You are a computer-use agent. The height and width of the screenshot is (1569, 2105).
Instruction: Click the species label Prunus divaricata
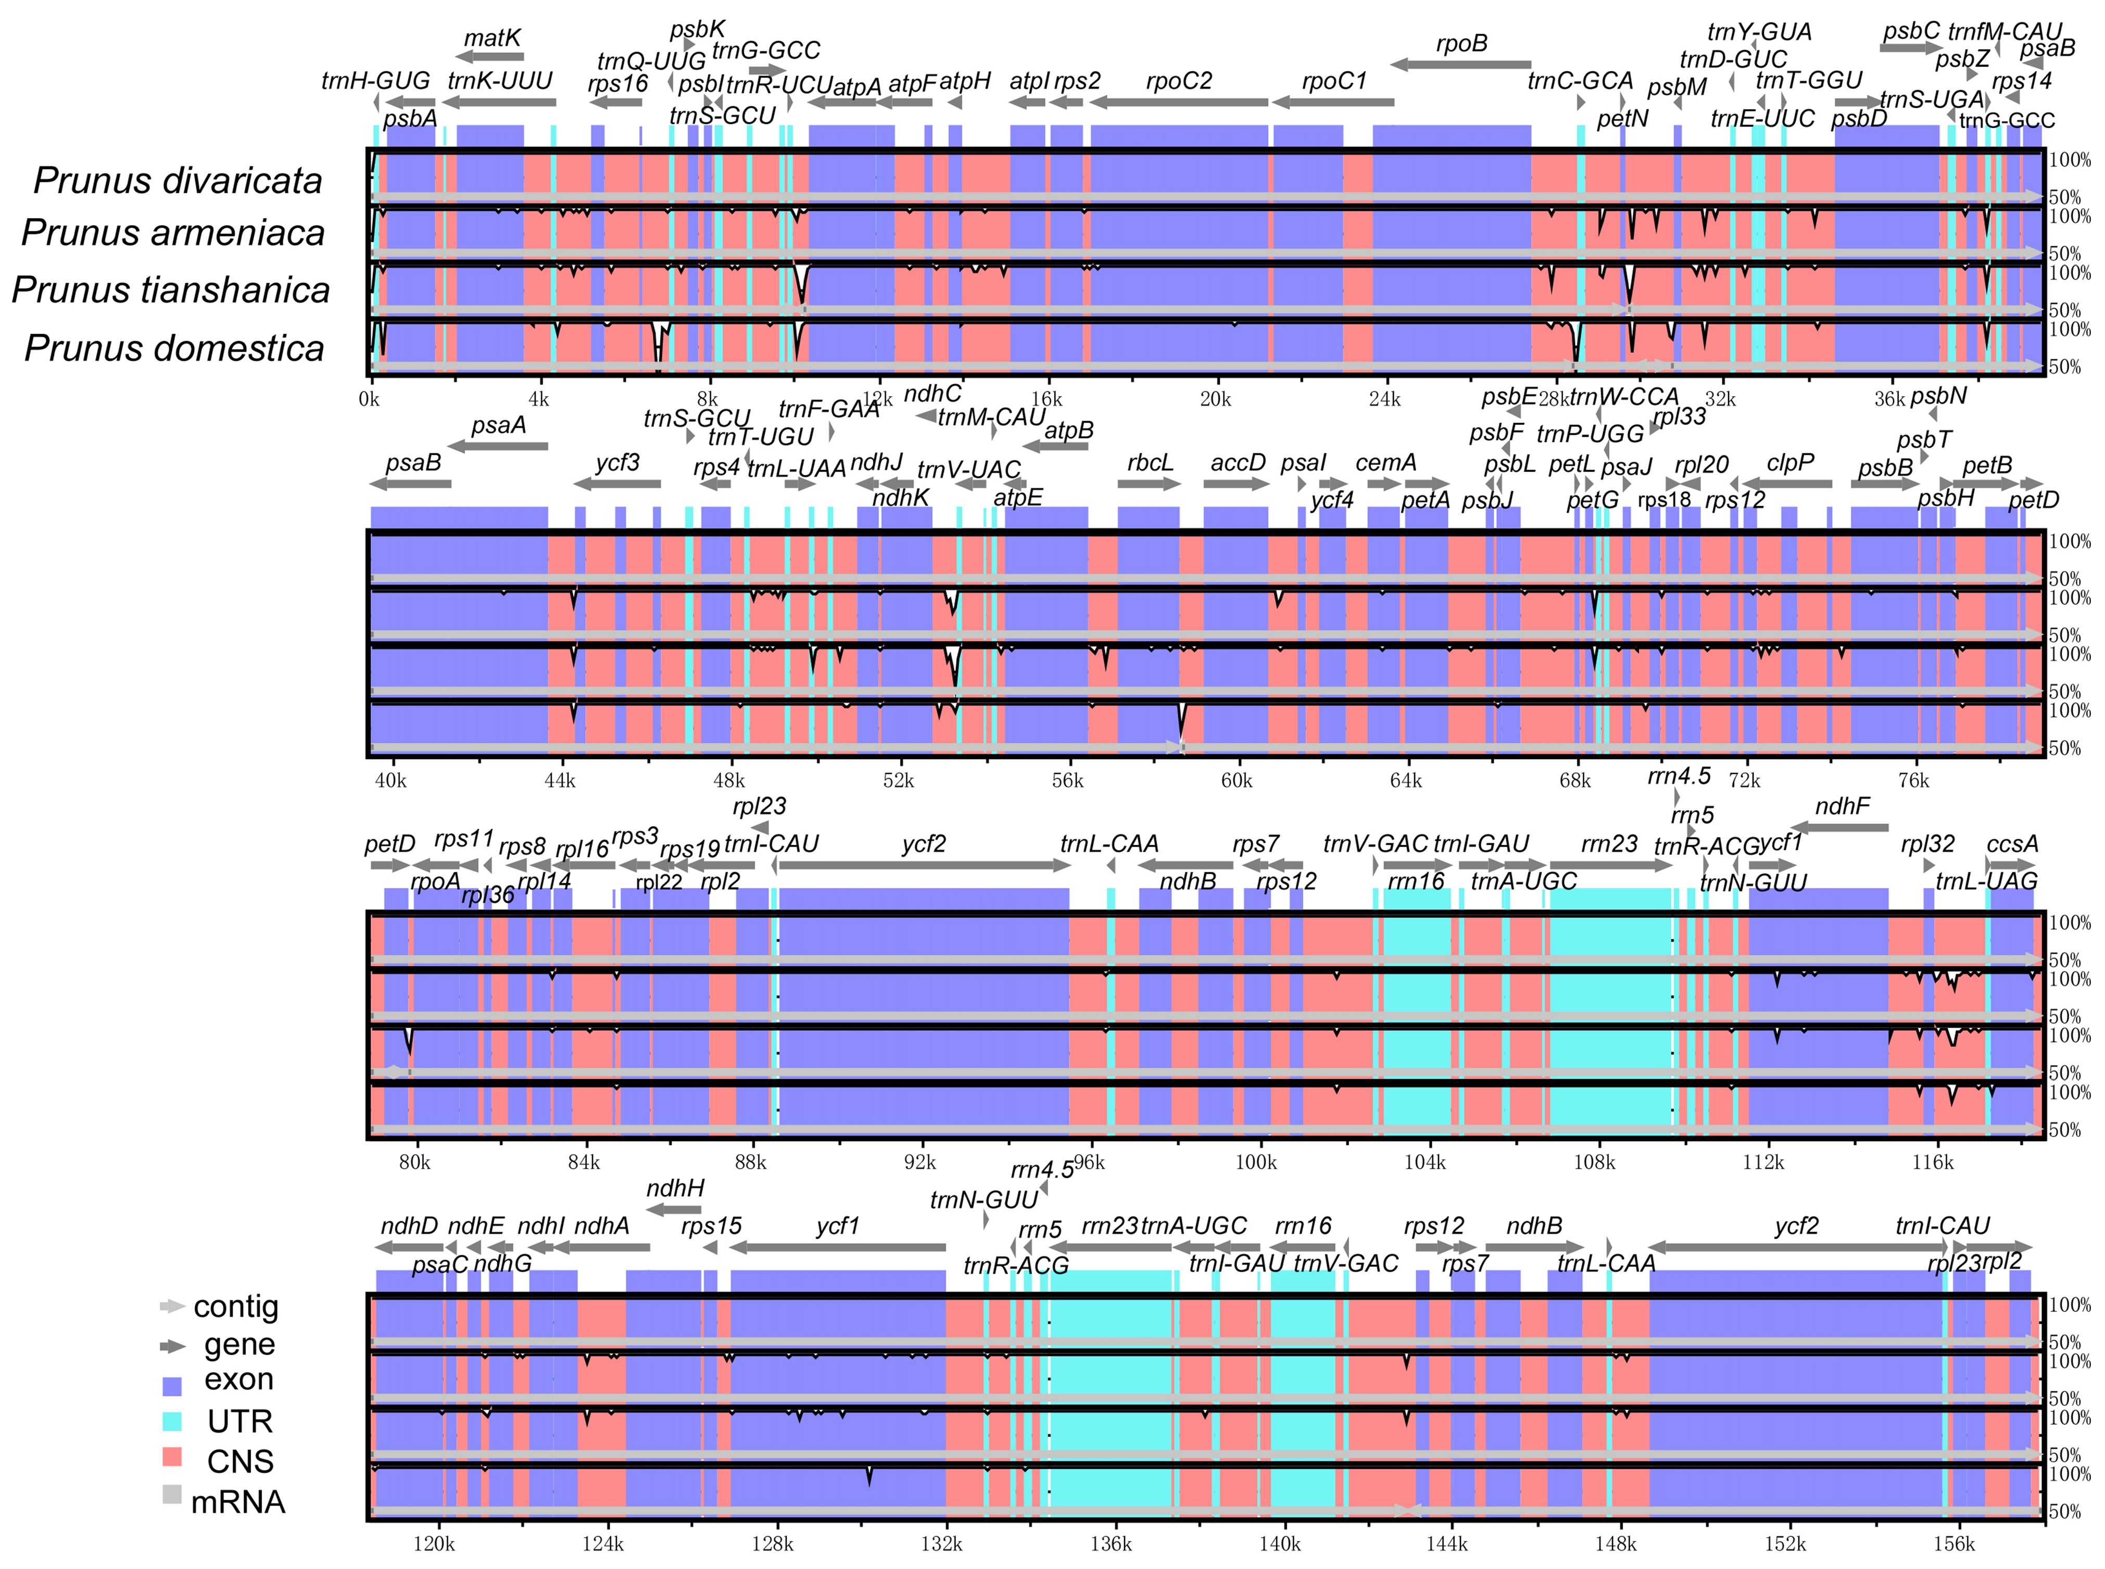pyautogui.click(x=178, y=181)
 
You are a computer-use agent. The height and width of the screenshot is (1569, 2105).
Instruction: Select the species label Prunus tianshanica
pyautogui.click(x=171, y=289)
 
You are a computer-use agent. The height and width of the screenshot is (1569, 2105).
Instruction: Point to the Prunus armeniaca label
pyautogui.click(x=174, y=233)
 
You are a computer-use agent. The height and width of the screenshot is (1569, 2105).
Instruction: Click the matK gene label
pyautogui.click(x=492, y=38)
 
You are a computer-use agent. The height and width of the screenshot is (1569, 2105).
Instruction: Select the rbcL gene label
pyautogui.click(x=1150, y=463)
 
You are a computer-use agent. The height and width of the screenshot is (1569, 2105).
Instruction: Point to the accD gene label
pyautogui.click(x=1238, y=463)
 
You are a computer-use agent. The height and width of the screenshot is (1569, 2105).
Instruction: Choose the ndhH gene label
pyautogui.click(x=675, y=1188)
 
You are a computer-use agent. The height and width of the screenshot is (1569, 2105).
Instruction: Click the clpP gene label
pyautogui.click(x=1789, y=463)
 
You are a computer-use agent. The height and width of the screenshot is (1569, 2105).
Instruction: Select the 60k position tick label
pyautogui.click(x=1236, y=781)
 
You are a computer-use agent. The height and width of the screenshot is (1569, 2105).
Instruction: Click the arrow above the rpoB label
pyautogui.click(x=1461, y=65)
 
